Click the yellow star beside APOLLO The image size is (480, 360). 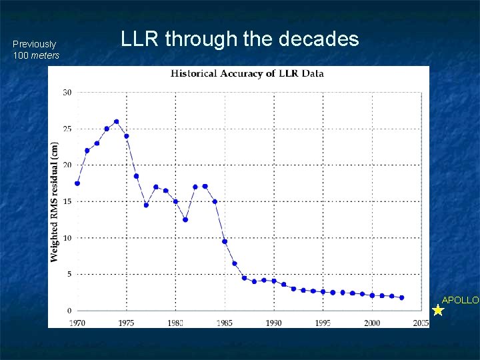[x=438, y=310]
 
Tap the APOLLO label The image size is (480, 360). [x=460, y=300]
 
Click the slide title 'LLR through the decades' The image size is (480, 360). [x=239, y=39]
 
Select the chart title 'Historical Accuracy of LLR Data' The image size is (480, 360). [x=247, y=73]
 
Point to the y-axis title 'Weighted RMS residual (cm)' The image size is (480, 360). [x=54, y=201]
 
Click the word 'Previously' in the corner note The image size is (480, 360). [x=34, y=44]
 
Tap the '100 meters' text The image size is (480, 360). [x=36, y=55]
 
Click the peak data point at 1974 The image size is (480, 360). [x=117, y=121]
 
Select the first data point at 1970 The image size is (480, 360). [x=77, y=183]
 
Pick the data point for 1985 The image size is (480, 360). [x=225, y=241]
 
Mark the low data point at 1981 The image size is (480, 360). [x=185, y=219]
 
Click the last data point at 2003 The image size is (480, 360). [x=401, y=297]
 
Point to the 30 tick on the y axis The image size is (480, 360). [x=67, y=92]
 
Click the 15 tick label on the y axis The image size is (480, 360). [x=67, y=201]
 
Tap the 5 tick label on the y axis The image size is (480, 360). [x=69, y=274]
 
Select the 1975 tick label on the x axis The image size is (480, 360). [x=126, y=323]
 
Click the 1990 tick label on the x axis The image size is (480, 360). [x=273, y=323]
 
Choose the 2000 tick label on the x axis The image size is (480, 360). [x=372, y=323]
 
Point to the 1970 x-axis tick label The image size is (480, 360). [x=77, y=323]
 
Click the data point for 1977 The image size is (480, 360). [x=146, y=205]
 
